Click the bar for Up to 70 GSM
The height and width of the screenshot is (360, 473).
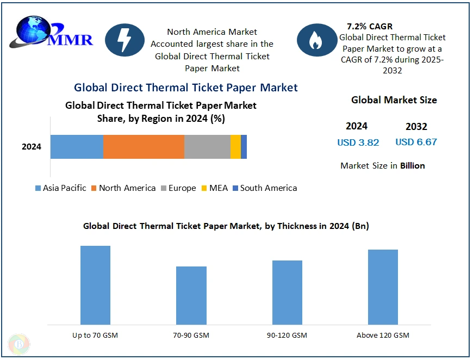tap(95, 285)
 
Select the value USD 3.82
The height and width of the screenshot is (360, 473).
tap(358, 142)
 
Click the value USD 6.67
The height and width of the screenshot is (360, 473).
tap(416, 142)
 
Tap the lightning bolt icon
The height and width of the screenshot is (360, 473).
tap(125, 40)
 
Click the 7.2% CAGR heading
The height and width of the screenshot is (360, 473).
tap(369, 26)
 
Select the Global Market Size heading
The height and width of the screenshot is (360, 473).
tap(394, 100)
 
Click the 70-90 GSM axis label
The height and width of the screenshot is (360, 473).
tap(191, 335)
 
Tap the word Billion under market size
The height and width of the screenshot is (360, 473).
tap(412, 165)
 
